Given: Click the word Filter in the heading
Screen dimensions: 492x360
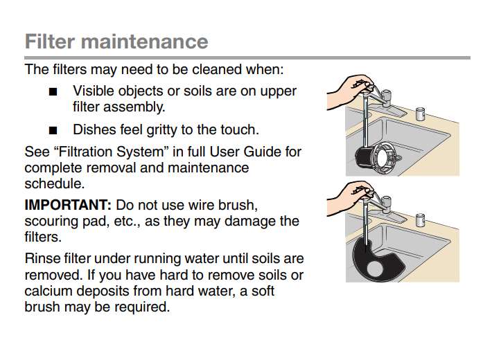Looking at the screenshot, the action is click(50, 41).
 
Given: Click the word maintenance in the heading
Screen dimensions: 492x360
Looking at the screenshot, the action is click(145, 41).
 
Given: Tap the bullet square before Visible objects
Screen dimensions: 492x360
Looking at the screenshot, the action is click(53, 92).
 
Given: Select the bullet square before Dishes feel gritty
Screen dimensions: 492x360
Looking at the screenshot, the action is click(53, 130).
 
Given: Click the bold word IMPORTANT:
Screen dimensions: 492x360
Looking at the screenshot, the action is click(68, 205).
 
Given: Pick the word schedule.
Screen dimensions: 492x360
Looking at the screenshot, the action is click(55, 183).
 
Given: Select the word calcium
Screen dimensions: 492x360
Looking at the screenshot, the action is click(48, 291).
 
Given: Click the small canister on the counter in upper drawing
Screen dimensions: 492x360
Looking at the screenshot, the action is click(420, 114).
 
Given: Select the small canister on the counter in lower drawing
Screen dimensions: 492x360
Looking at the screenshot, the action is click(420, 220).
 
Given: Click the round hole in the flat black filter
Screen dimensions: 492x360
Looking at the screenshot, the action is click(375, 269).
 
